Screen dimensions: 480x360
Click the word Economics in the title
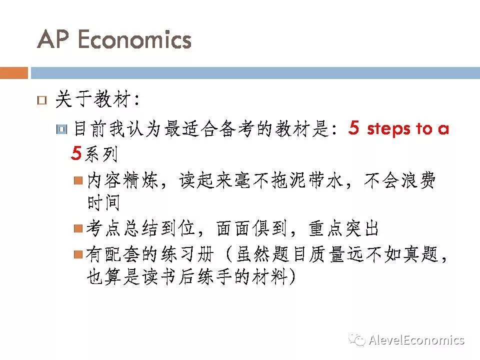pos(134,39)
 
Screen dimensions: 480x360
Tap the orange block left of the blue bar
pos(14,73)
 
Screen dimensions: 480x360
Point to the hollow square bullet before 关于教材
pos(42,100)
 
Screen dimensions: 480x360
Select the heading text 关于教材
pos(93,99)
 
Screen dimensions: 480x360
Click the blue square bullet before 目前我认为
pos(62,129)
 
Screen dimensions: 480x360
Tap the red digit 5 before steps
pos(353,127)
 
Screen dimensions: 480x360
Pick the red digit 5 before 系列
pos(76,153)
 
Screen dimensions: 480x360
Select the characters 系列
pos(101,154)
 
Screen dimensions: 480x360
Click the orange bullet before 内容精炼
pos(78,180)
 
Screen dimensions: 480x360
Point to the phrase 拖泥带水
pos(307,180)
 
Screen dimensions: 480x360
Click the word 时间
pos(103,202)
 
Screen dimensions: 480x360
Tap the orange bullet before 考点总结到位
pos(78,228)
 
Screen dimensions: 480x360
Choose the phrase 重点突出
pos(344,228)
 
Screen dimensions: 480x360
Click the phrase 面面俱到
pos(251,228)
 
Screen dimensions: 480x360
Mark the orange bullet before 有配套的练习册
pos(78,254)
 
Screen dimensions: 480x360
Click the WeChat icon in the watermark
pos(357,339)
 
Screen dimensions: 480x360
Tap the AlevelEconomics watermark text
pos(416,340)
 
